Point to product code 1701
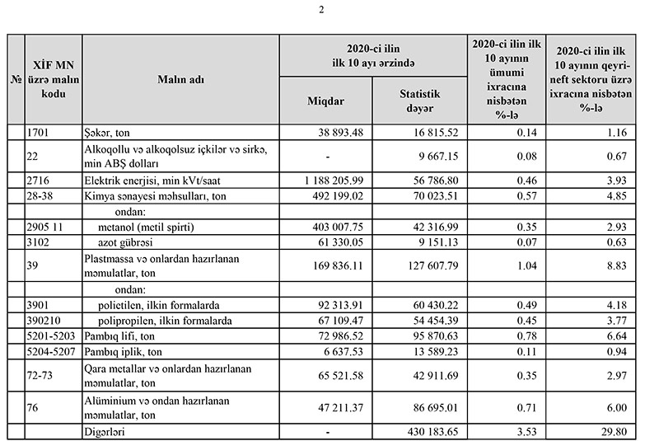tap(40, 132)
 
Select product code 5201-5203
tap(53, 335)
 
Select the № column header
tap(16, 80)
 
